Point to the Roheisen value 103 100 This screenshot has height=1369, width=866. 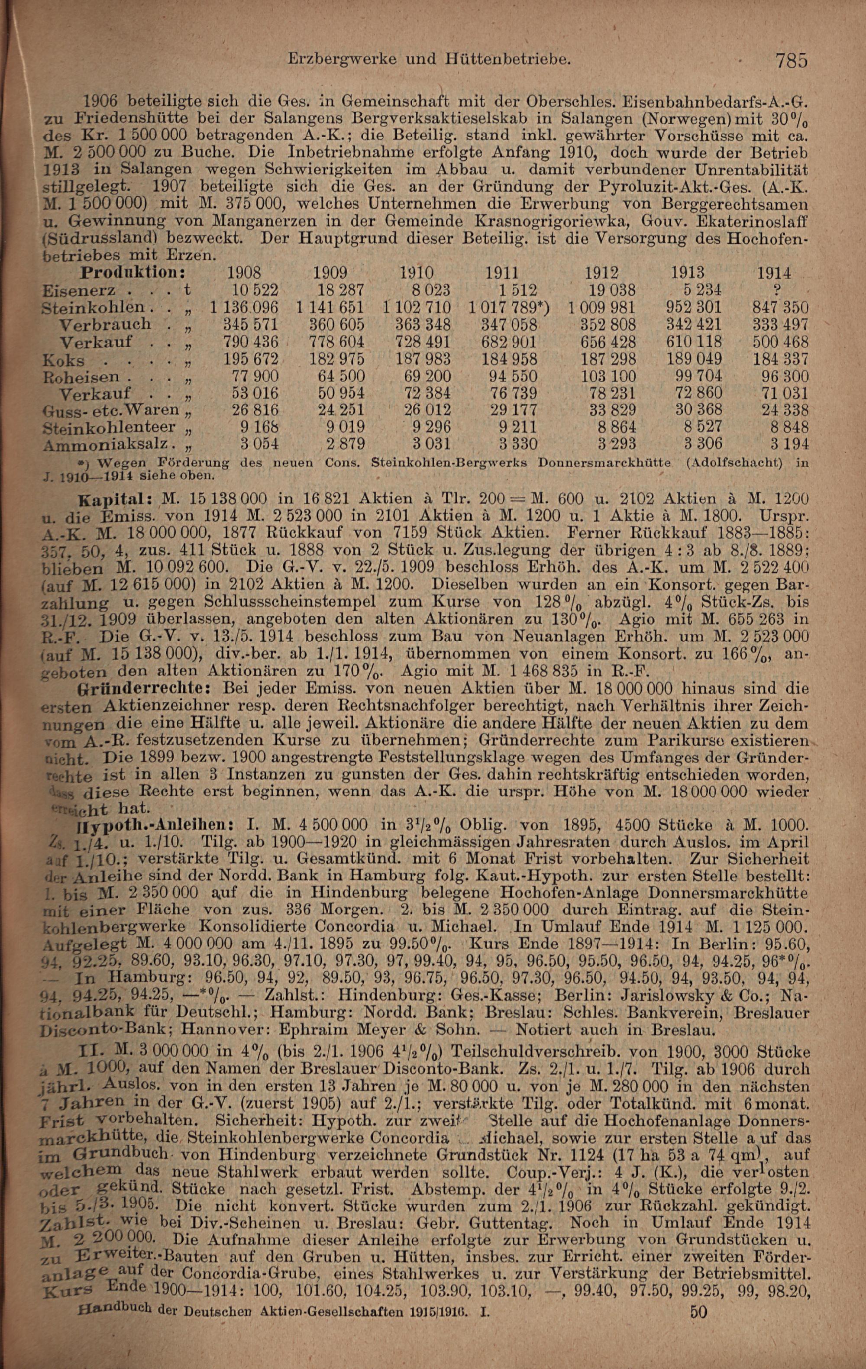[x=610, y=376]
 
